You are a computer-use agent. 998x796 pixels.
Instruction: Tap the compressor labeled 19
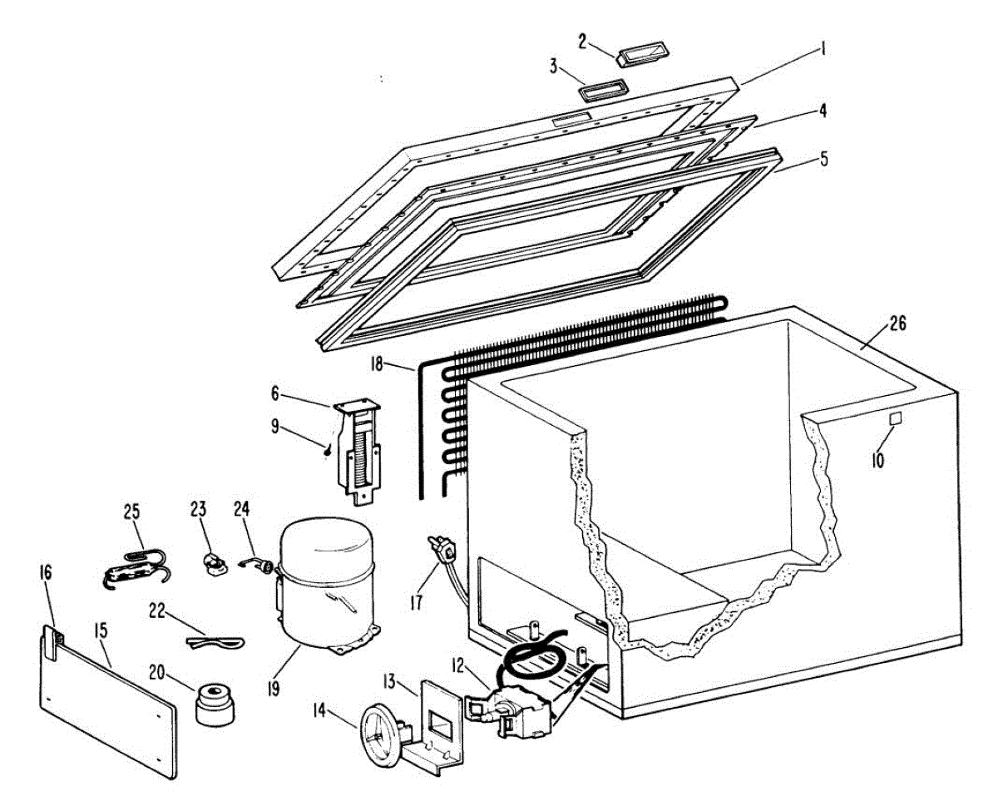[x=326, y=586]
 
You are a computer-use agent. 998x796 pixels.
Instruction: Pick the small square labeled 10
[x=897, y=421]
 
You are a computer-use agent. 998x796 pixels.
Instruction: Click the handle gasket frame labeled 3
[x=600, y=89]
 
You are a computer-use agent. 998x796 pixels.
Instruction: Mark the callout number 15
[x=100, y=632]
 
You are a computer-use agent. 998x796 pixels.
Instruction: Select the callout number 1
[x=823, y=51]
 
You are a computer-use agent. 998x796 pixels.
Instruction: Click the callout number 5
[x=823, y=158]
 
